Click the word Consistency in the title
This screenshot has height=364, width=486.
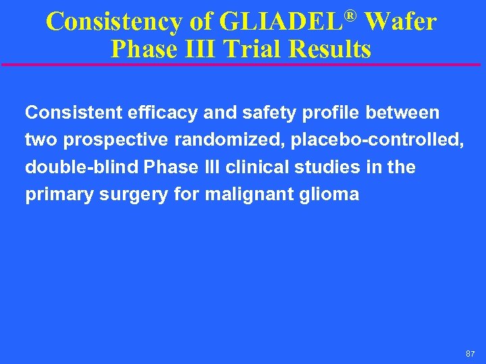click(113, 22)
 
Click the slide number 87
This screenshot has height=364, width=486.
click(470, 353)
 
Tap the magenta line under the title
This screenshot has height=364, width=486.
click(243, 65)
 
